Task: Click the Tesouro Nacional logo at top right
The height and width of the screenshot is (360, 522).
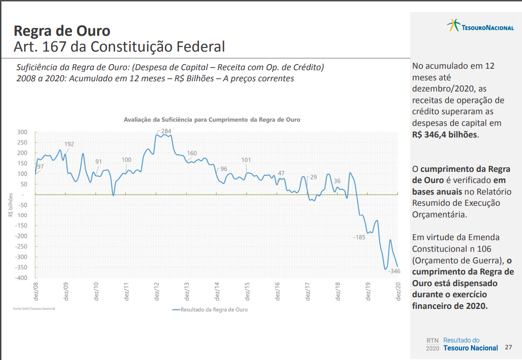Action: tap(480, 26)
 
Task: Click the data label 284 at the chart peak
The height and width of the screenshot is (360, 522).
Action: tap(166, 131)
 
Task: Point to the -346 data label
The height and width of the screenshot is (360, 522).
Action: tap(394, 271)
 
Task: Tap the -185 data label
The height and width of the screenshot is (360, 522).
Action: tap(359, 237)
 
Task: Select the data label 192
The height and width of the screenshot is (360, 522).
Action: tap(69, 144)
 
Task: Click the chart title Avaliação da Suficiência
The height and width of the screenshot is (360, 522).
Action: tap(212, 119)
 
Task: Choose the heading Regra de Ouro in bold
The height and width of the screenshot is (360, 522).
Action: tap(62, 31)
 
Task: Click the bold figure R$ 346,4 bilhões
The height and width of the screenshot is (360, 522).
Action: tap(444, 135)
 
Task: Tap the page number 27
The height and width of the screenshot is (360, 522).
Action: tap(509, 347)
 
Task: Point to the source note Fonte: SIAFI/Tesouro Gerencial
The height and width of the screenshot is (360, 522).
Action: tap(33, 308)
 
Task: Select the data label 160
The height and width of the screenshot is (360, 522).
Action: tap(192, 153)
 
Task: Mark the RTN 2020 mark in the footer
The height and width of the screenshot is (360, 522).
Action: tap(432, 344)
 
